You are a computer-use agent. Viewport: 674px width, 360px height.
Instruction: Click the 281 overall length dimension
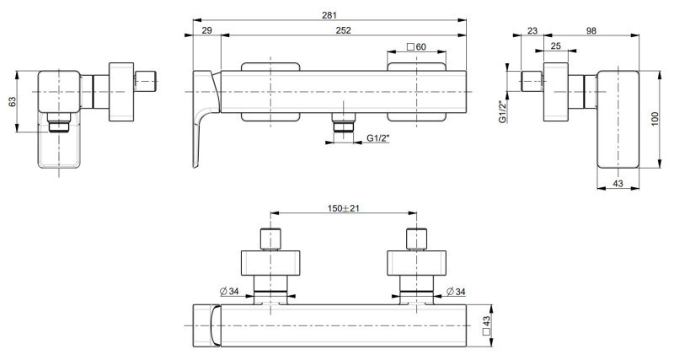[x=329, y=15]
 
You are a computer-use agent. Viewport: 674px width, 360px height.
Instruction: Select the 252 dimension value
[x=344, y=30]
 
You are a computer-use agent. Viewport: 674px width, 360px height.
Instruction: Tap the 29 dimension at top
[x=206, y=30]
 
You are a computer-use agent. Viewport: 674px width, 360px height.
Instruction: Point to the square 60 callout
[x=416, y=46]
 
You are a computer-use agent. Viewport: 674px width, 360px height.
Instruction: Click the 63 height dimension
[x=13, y=101]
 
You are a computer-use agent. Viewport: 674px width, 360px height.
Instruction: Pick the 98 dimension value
[x=591, y=30]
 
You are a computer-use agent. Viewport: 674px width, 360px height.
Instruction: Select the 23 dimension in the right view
[x=532, y=30]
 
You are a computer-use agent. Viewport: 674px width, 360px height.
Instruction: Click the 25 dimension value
[x=556, y=46]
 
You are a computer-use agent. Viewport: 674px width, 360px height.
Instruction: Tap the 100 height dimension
[x=655, y=119]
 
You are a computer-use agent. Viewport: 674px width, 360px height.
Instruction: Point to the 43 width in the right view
[x=618, y=184]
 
